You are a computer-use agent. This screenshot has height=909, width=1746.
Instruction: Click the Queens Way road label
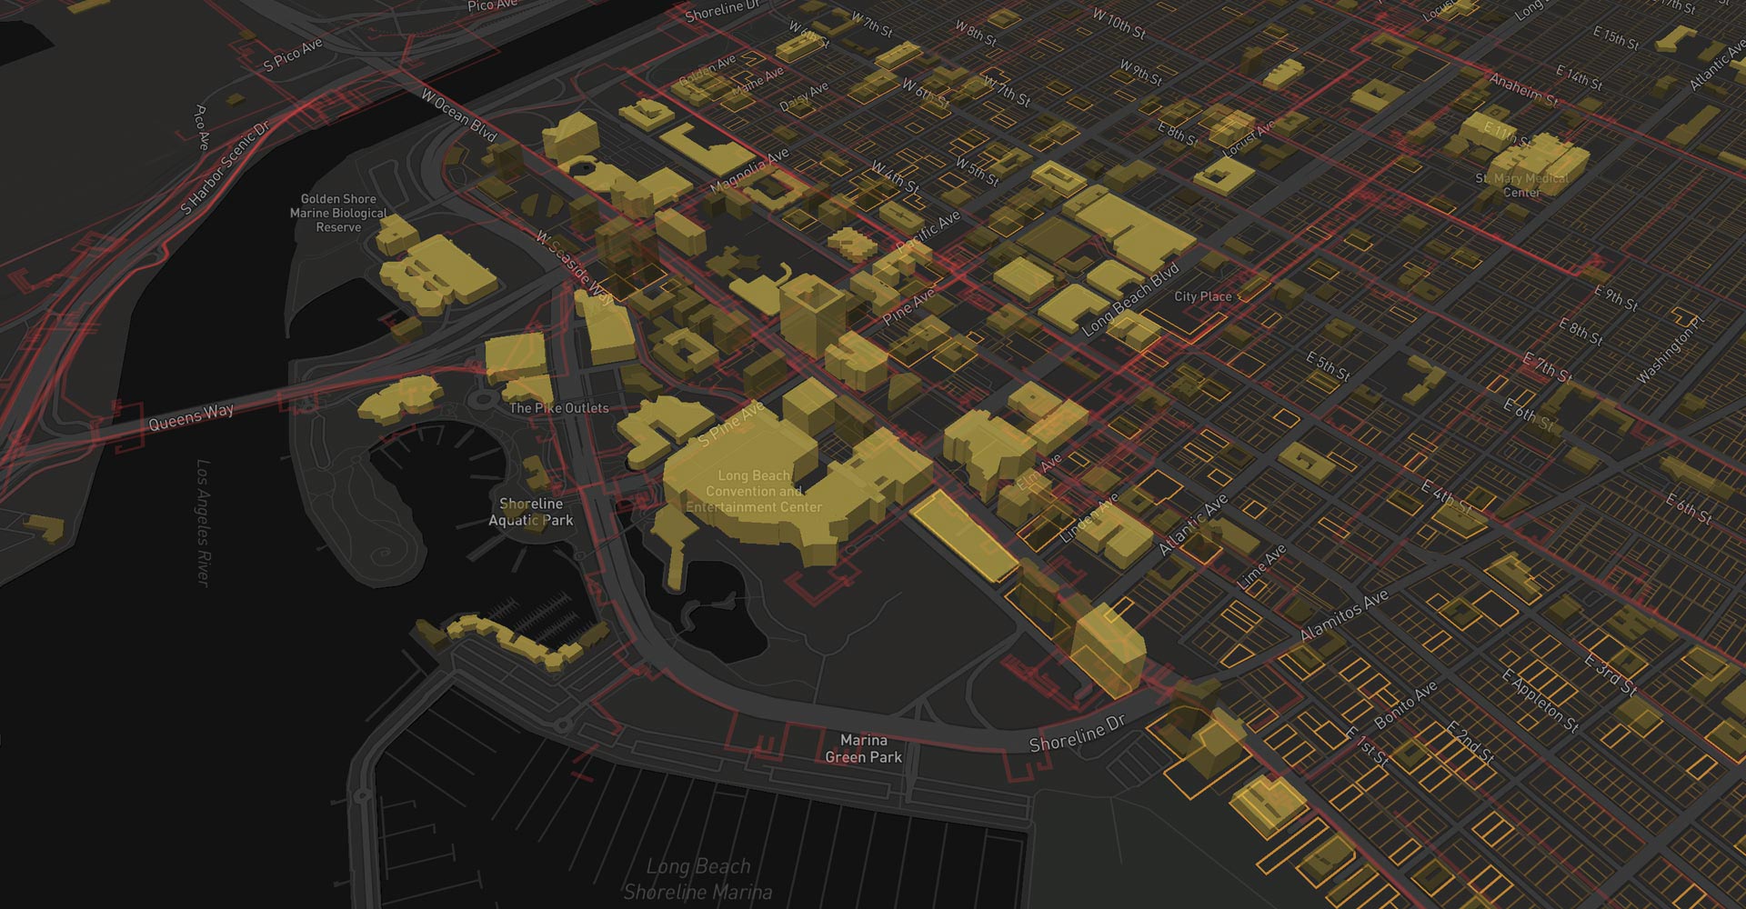point(191,417)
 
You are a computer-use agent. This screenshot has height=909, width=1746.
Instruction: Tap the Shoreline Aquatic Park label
point(531,512)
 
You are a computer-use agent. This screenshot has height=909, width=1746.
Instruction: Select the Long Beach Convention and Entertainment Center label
point(754,491)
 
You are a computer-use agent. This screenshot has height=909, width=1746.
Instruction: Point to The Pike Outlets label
point(558,408)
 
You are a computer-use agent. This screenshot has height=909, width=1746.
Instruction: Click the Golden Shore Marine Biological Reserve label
point(338,213)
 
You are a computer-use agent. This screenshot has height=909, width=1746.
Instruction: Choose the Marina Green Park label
point(863,749)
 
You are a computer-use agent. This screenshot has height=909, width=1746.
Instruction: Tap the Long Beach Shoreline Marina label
point(698,878)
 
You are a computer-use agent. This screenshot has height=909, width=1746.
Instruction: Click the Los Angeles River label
point(204,523)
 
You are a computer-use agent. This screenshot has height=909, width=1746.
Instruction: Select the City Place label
point(1202,296)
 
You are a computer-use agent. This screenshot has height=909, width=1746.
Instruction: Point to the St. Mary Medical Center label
point(1521,185)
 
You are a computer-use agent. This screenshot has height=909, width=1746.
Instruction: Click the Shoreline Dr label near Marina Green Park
point(1077,734)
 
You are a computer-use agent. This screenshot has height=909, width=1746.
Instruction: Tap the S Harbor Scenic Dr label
point(225,168)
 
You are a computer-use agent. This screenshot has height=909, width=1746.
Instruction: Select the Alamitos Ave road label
point(1343,615)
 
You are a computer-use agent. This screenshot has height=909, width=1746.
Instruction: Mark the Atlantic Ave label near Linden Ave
point(1192,525)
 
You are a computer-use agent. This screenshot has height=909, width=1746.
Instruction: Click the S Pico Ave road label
point(293,55)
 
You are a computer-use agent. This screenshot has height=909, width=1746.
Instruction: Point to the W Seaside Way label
point(575,267)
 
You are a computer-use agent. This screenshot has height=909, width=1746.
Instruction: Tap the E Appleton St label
point(1540,701)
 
